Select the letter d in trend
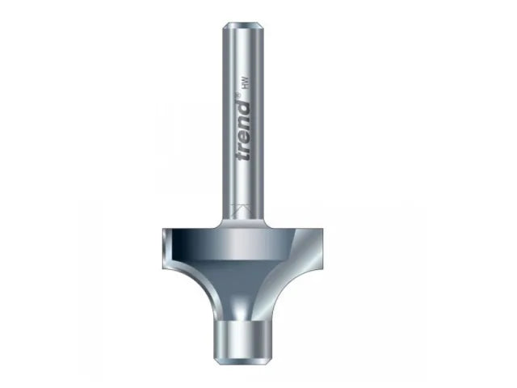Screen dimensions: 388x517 click(246, 108)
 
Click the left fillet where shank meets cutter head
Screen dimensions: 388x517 click(220, 219)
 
